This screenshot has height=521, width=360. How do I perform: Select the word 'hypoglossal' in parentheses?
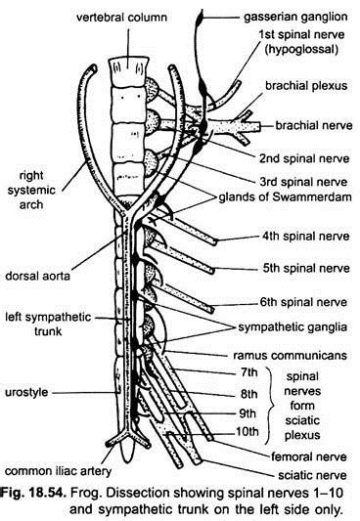pyautogui.click(x=298, y=58)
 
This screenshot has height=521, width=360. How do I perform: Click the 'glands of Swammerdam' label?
pyautogui.click(x=285, y=200)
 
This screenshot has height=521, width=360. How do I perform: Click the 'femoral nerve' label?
pyautogui.click(x=311, y=456)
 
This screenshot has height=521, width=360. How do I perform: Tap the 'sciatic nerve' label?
pyautogui.click(x=311, y=476)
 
